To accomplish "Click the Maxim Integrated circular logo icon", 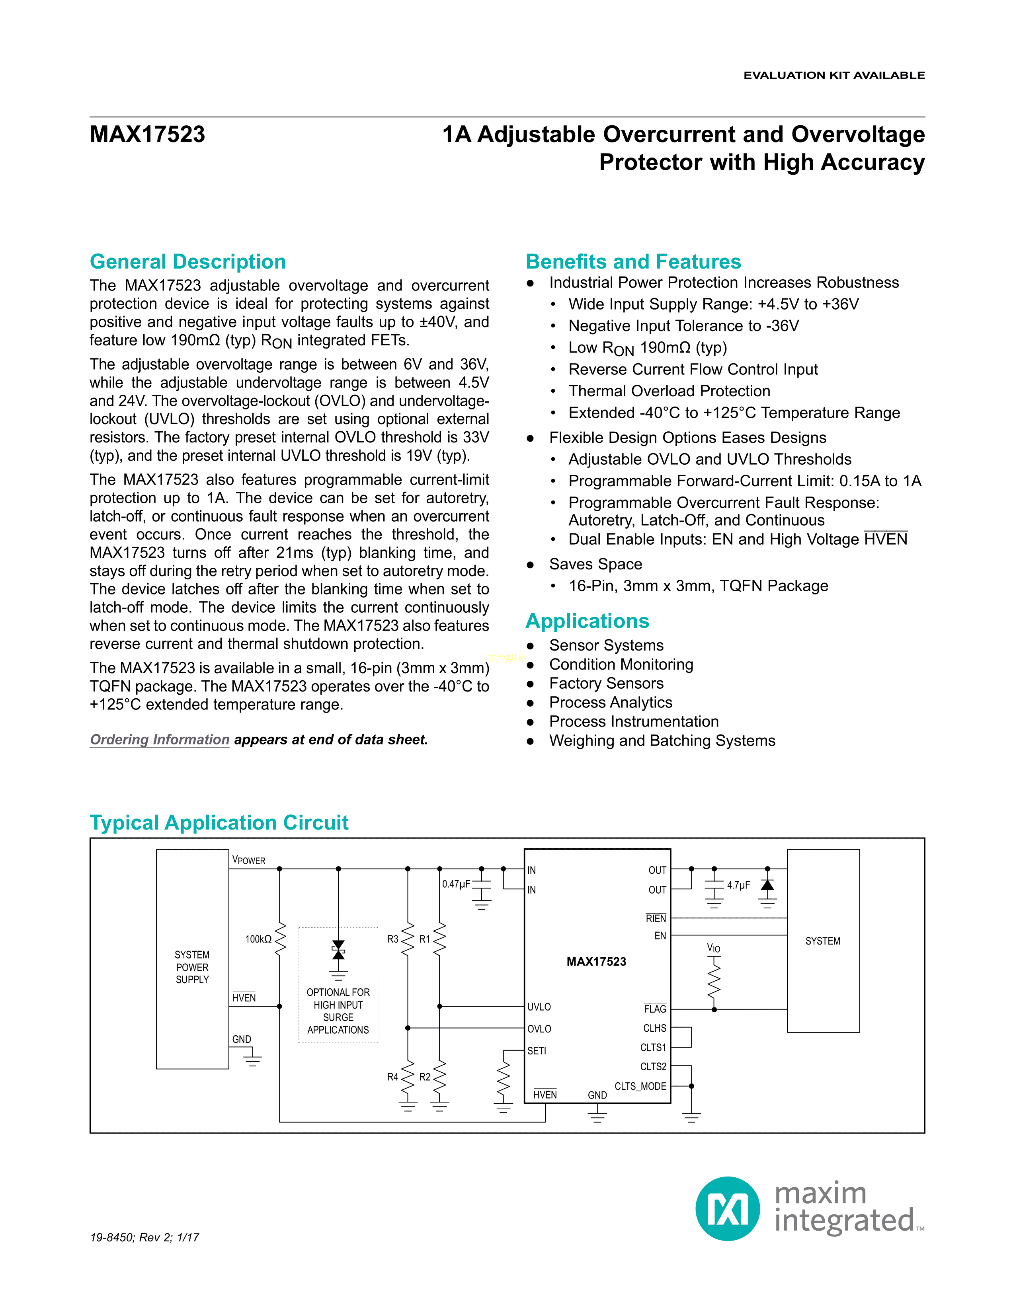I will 727,1208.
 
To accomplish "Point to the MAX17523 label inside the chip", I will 596,961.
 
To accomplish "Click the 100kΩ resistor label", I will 258,939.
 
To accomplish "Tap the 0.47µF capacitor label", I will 456,884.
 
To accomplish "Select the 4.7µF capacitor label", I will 738,885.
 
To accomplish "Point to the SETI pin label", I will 537,1051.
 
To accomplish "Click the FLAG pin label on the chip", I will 655,1009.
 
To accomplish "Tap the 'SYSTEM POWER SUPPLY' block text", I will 192,967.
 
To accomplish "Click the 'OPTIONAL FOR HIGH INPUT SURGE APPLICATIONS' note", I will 338,1011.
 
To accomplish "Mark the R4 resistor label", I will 392,1077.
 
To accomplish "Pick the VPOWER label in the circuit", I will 248,860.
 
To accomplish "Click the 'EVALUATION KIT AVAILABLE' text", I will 834,75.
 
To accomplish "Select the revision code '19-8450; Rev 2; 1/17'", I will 144,1237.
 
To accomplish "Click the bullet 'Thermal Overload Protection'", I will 669,391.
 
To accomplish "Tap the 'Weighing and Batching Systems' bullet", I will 662,741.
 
